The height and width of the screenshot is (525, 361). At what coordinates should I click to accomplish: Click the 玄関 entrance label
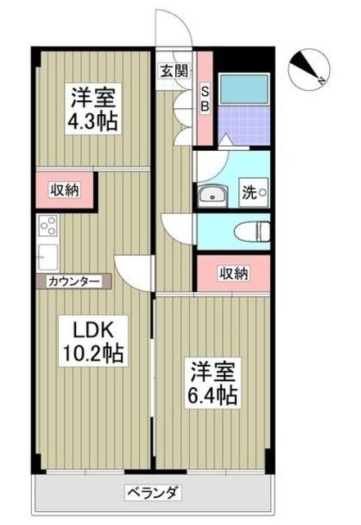click(x=173, y=71)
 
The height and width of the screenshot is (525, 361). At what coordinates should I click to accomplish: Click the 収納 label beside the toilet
click(x=233, y=274)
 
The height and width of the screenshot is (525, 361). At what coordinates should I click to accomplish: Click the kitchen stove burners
click(x=46, y=226)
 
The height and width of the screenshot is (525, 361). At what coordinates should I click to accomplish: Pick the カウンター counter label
click(x=74, y=281)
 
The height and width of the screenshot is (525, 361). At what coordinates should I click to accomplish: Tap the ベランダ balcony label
click(x=152, y=493)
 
